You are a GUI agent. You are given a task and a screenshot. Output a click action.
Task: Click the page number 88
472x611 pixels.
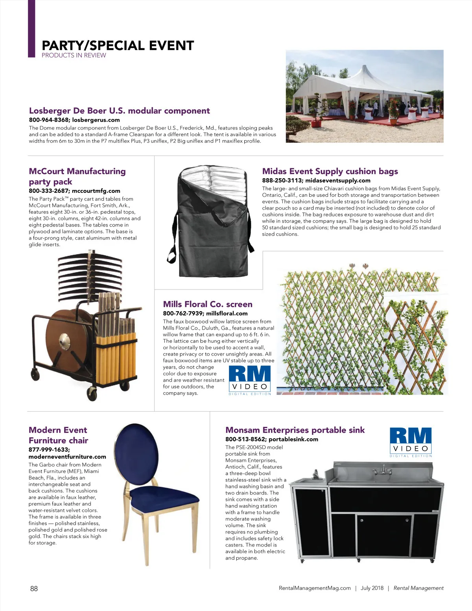tap(34, 589)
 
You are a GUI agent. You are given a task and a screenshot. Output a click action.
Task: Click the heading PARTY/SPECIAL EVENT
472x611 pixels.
tap(118, 46)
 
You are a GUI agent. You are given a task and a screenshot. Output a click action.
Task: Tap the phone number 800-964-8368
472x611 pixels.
tap(49, 120)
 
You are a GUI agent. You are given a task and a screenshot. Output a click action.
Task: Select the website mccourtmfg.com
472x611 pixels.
tap(96, 191)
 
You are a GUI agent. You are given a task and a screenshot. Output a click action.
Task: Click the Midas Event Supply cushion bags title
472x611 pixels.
tap(330, 171)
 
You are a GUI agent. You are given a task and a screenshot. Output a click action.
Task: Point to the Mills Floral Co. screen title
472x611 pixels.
tap(207, 304)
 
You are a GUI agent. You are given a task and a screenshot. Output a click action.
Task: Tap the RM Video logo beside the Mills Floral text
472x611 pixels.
tap(250, 380)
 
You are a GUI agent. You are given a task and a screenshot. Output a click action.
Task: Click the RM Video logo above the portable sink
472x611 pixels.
tap(411, 441)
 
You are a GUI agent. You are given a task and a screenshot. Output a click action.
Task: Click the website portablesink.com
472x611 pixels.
tap(293, 439)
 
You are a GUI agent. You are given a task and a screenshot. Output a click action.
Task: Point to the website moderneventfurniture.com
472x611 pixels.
tap(67, 457)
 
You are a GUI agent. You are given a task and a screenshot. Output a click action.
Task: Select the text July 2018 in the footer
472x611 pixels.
tap(372, 588)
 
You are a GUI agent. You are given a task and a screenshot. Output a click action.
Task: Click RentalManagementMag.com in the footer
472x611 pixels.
tap(314, 588)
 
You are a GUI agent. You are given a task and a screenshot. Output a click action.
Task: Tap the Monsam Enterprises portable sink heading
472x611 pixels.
tap(295, 430)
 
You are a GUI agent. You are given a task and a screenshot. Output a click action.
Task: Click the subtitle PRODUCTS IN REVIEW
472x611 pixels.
tap(74, 55)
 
